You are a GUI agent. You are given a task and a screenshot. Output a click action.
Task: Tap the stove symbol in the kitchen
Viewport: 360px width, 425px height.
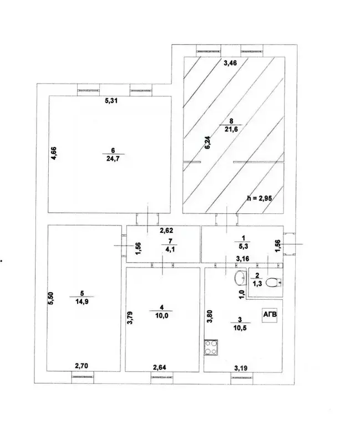pos(211,347)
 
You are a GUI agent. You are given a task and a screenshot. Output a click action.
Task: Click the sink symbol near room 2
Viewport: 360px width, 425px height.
pos(240,278)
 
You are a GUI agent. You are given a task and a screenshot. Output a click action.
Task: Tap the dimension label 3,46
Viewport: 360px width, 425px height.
pos(230,64)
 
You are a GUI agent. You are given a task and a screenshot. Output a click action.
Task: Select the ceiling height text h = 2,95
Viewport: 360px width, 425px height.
pos(259,198)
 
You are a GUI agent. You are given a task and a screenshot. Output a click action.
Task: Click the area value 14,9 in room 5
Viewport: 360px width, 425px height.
pos(85,302)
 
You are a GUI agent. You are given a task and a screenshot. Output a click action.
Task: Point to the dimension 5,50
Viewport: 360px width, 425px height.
pos(51,299)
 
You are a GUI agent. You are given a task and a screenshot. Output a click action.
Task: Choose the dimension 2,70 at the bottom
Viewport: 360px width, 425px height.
pos(82,365)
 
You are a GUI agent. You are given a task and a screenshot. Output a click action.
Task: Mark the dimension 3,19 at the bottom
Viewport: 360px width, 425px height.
pos(241,367)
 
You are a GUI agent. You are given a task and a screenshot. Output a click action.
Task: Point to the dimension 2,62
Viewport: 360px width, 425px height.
pos(167,231)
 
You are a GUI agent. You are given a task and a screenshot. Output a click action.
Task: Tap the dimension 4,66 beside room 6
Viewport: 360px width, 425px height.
pos(54,152)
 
